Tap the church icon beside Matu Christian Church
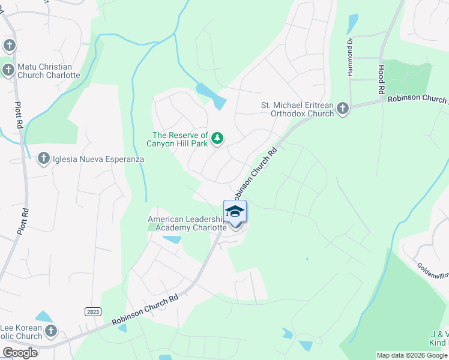tap(9, 71)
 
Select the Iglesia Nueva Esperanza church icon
tap(43, 159)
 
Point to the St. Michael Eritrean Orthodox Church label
tap(297, 109)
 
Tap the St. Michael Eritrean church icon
tap(343, 109)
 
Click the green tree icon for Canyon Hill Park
tap(217, 139)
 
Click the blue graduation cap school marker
tap(235, 211)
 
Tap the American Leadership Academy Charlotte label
tap(187, 224)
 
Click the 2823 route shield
tap(92, 311)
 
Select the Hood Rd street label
tap(381, 80)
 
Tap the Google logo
tap(20, 353)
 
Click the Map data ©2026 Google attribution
tap(412, 355)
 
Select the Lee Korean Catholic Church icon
tap(52, 331)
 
